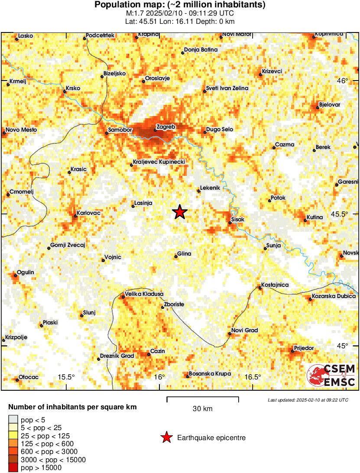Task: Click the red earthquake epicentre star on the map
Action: pyautogui.click(x=180, y=212)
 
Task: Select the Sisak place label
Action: pyautogui.click(x=238, y=220)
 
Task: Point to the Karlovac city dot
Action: pyautogui.click(x=75, y=216)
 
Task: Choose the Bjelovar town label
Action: pyautogui.click(x=329, y=105)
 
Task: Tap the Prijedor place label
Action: pyautogui.click(x=304, y=348)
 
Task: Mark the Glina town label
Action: pyautogui.click(x=184, y=254)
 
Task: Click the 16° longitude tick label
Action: pyautogui.click(x=159, y=377)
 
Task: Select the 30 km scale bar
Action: pyautogui.click(x=202, y=397)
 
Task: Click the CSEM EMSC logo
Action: pyautogui.click(x=331, y=375)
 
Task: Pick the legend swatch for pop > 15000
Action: pyautogui.click(x=13, y=467)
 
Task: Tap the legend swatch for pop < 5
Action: pyautogui.click(x=13, y=419)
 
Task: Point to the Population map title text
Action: pyautogui.click(x=180, y=5)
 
